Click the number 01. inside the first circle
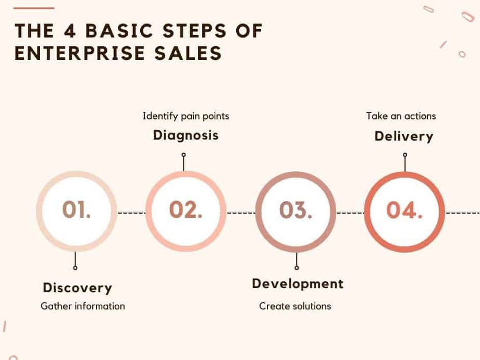[x=77, y=209]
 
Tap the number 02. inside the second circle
[x=186, y=209]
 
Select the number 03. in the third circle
[x=296, y=210]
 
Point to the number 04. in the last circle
[x=404, y=210]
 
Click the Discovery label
[x=78, y=288]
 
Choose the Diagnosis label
[x=186, y=135]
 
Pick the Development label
[x=298, y=284]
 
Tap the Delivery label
[x=404, y=136]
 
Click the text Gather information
[x=83, y=306]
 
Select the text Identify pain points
[x=186, y=116]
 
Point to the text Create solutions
[x=295, y=306]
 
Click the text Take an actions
[x=401, y=116]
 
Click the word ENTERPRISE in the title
[x=80, y=53]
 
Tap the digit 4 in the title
[x=70, y=31]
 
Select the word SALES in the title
[x=188, y=53]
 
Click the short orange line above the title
[x=34, y=8]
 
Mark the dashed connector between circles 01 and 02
[x=132, y=213]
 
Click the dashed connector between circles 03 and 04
[x=350, y=213]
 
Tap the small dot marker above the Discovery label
[x=75, y=268]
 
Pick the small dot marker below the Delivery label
[x=405, y=155]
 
